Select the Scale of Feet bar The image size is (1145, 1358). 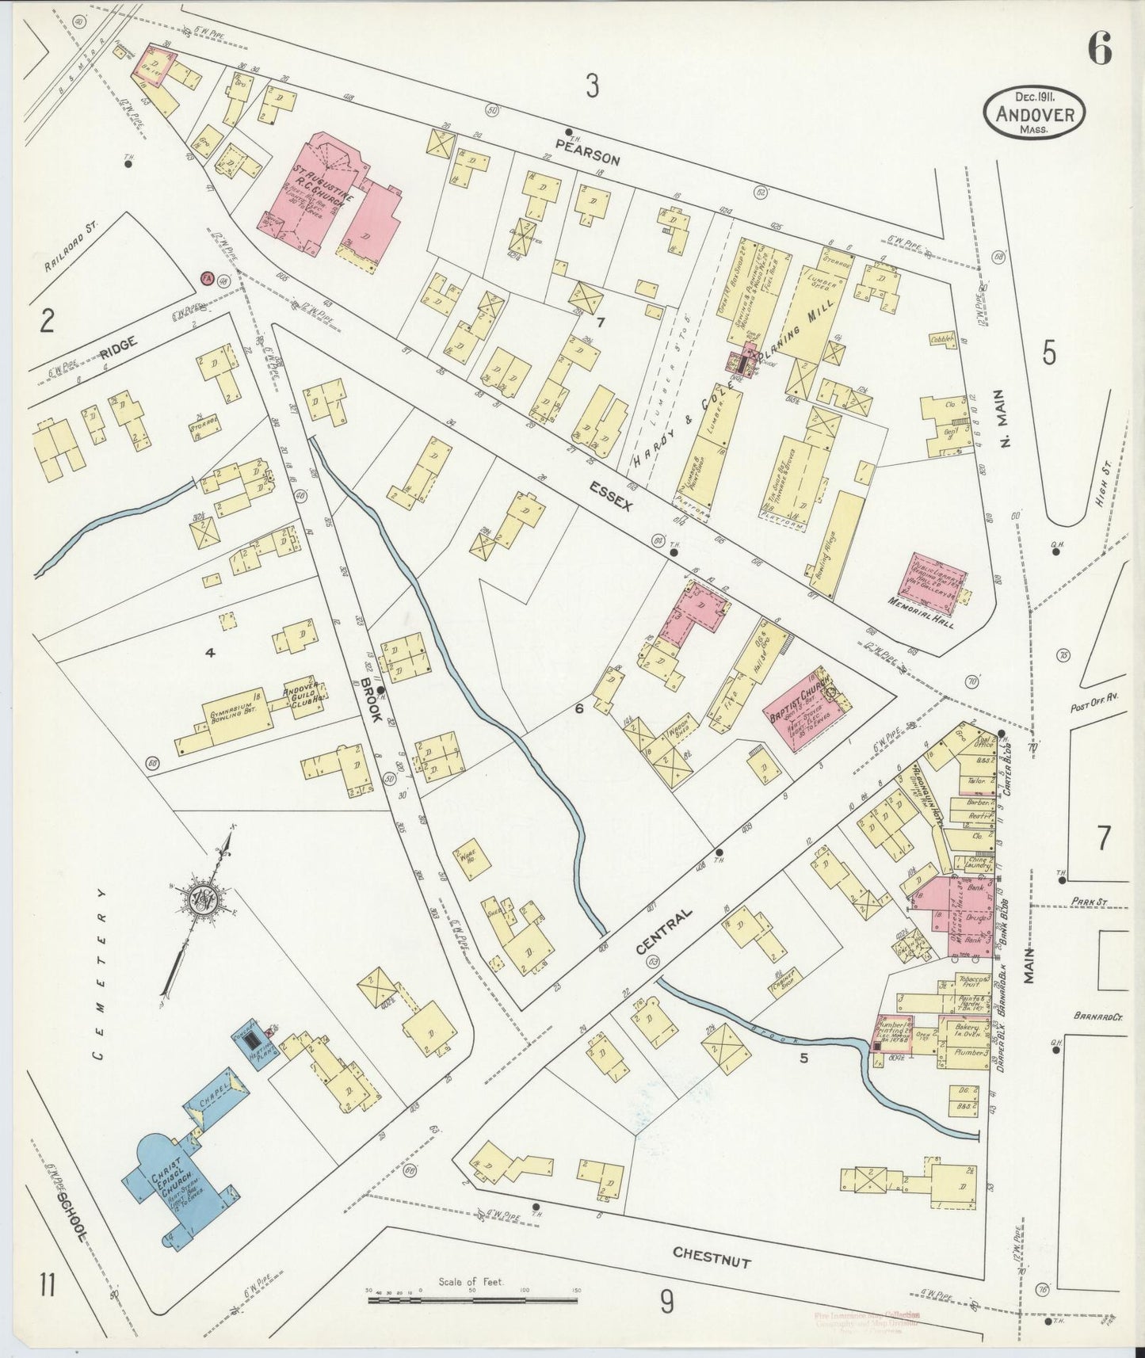tap(472, 1300)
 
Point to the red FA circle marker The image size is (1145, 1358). tap(207, 278)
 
